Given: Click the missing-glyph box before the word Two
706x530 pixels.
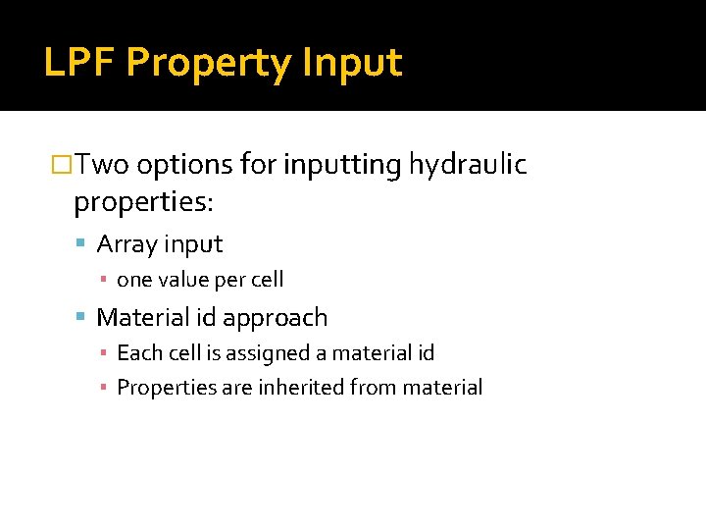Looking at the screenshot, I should click(x=62, y=165).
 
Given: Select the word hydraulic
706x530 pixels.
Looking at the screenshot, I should click(x=468, y=165).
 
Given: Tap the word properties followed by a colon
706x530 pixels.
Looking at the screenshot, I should click(x=143, y=203).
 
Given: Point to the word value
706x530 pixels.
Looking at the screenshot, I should click(x=185, y=280).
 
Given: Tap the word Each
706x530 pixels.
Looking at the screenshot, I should click(x=136, y=352).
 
